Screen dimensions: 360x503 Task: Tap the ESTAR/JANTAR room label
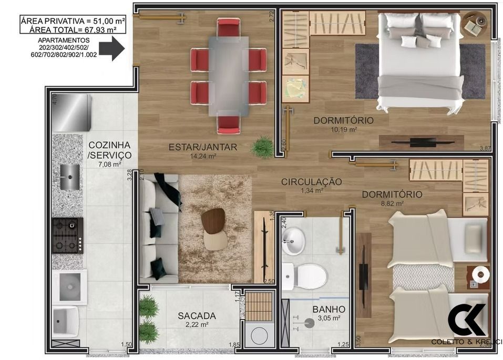[202, 147]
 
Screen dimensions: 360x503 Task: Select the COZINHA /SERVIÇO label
[109, 150]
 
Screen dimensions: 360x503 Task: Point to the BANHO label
[329, 309]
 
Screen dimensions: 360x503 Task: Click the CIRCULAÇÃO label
[311, 182]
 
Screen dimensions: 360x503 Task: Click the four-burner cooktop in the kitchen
[67, 235]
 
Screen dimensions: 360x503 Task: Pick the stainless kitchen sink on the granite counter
[69, 177]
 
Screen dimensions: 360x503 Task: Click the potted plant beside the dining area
[261, 147]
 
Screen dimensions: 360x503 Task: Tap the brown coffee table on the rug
[213, 221]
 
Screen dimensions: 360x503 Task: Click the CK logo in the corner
[467, 320]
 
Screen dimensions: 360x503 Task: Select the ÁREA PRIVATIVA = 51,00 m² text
[73, 21]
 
